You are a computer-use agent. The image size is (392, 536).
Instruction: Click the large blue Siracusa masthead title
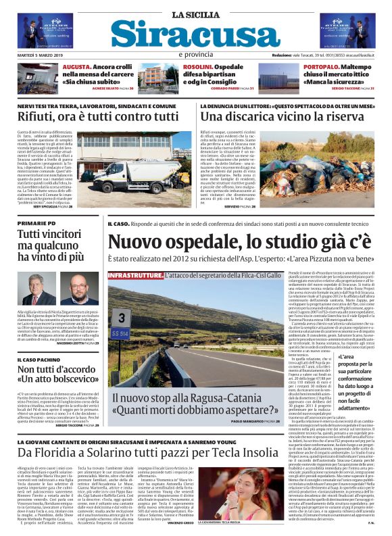click(x=196, y=33)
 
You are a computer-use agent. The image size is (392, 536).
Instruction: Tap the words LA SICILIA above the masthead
click(x=195, y=14)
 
